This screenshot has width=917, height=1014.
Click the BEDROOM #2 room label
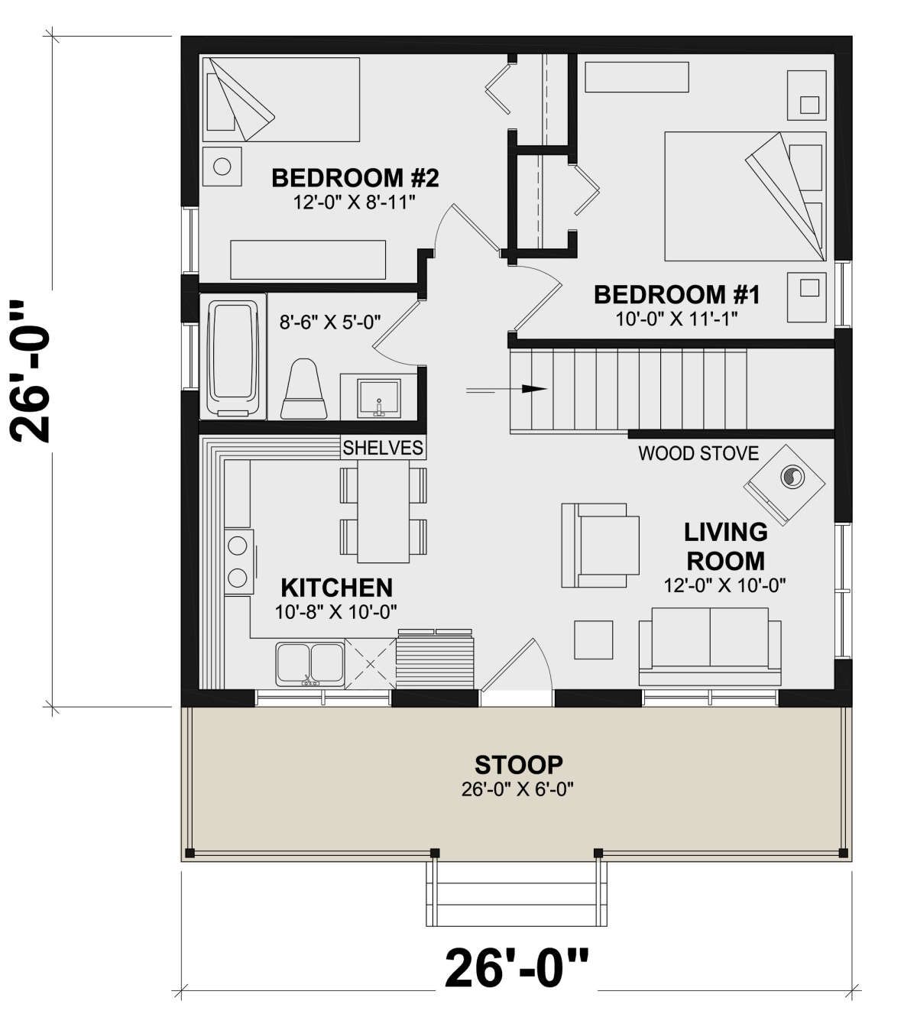[355, 178]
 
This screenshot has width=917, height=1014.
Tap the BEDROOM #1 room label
[677, 295]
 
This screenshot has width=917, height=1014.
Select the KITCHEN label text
[337, 588]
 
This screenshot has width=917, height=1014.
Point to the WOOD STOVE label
[698, 453]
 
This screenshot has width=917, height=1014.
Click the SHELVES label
[383, 447]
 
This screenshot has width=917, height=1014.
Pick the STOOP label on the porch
[518, 765]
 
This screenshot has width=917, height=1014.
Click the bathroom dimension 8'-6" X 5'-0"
[330, 322]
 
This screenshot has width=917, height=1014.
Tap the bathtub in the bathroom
[233, 358]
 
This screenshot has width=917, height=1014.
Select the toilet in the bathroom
[303, 389]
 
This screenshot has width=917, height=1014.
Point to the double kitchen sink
[310, 665]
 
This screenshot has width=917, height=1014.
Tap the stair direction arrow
[507, 389]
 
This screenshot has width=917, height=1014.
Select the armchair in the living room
[600, 546]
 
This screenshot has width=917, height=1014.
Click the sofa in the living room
[710, 647]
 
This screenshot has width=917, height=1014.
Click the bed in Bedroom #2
[281, 99]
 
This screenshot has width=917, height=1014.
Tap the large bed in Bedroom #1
[745, 196]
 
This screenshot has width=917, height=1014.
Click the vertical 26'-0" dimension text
[30, 372]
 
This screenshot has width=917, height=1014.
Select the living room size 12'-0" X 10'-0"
[724, 585]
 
